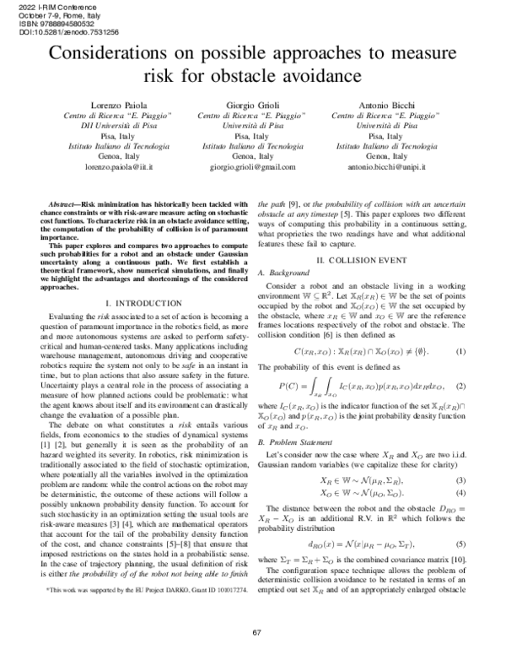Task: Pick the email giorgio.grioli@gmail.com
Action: point(254,168)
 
